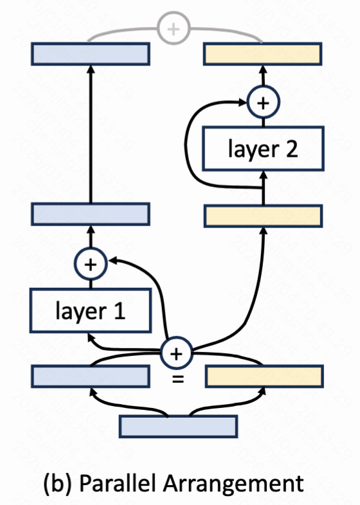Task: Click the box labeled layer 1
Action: [91, 310]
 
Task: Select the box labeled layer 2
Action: [263, 148]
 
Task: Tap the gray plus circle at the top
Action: [174, 29]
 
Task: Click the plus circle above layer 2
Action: [264, 102]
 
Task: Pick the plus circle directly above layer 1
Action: [91, 264]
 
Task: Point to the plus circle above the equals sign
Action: [176, 353]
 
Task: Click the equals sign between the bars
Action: [178, 379]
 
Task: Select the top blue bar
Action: [91, 54]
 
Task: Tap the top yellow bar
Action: [263, 54]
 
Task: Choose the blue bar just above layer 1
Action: [91, 214]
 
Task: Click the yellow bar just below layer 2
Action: [264, 216]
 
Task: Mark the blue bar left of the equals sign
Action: [91, 376]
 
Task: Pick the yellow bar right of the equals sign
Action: [264, 376]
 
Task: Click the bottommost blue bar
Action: [179, 427]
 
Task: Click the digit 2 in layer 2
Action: [292, 149]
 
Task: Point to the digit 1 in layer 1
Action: [120, 311]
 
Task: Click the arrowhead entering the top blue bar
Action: [91, 69]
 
